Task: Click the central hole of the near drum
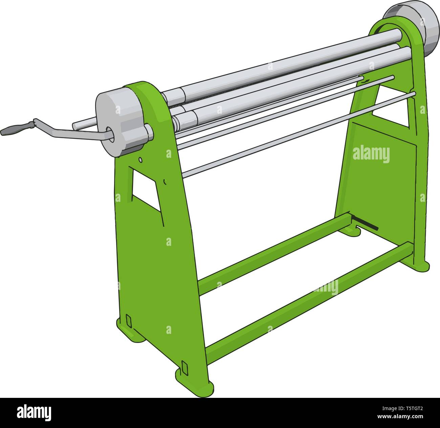(109, 134)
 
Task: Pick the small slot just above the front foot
(184, 367)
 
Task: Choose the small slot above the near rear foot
(128, 320)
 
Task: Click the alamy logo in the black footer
(34, 413)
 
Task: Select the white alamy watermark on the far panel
(371, 155)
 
